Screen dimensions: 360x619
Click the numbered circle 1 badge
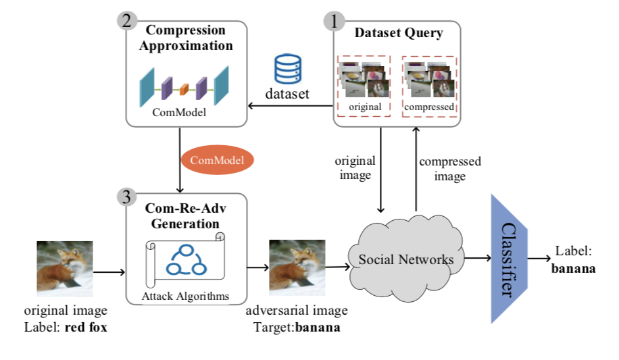tap(333, 21)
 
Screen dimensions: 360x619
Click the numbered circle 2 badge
tap(126, 21)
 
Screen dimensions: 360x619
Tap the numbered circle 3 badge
tap(126, 196)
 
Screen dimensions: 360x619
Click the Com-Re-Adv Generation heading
tap(184, 215)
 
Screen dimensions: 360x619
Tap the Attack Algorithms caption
tap(185, 296)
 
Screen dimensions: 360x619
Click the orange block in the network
tap(183, 87)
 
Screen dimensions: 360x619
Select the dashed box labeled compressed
tap(429, 86)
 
